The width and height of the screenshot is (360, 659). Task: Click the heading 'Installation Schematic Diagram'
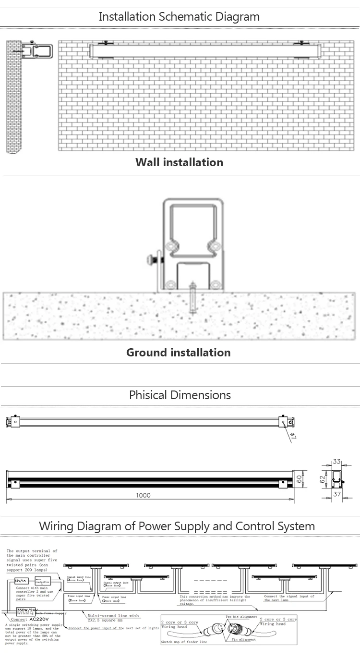pos(179,17)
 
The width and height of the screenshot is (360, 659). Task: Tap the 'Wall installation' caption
pos(179,162)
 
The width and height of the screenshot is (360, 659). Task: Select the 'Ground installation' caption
pos(179,353)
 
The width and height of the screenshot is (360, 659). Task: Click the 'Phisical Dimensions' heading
pos(180,395)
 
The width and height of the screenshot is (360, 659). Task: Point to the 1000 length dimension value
pos(143,495)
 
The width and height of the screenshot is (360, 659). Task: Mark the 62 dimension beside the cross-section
pos(323,478)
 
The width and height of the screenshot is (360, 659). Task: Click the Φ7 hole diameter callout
pos(293,436)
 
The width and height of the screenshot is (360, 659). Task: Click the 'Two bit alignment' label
pos(242,616)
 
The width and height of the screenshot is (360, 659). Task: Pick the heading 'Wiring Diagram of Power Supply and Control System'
pos(177,526)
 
